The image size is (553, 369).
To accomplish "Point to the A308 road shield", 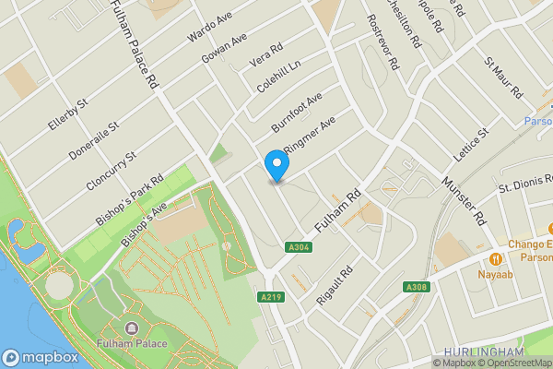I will pos(415,288).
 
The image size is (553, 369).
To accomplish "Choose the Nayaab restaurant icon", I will pos(496,258).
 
